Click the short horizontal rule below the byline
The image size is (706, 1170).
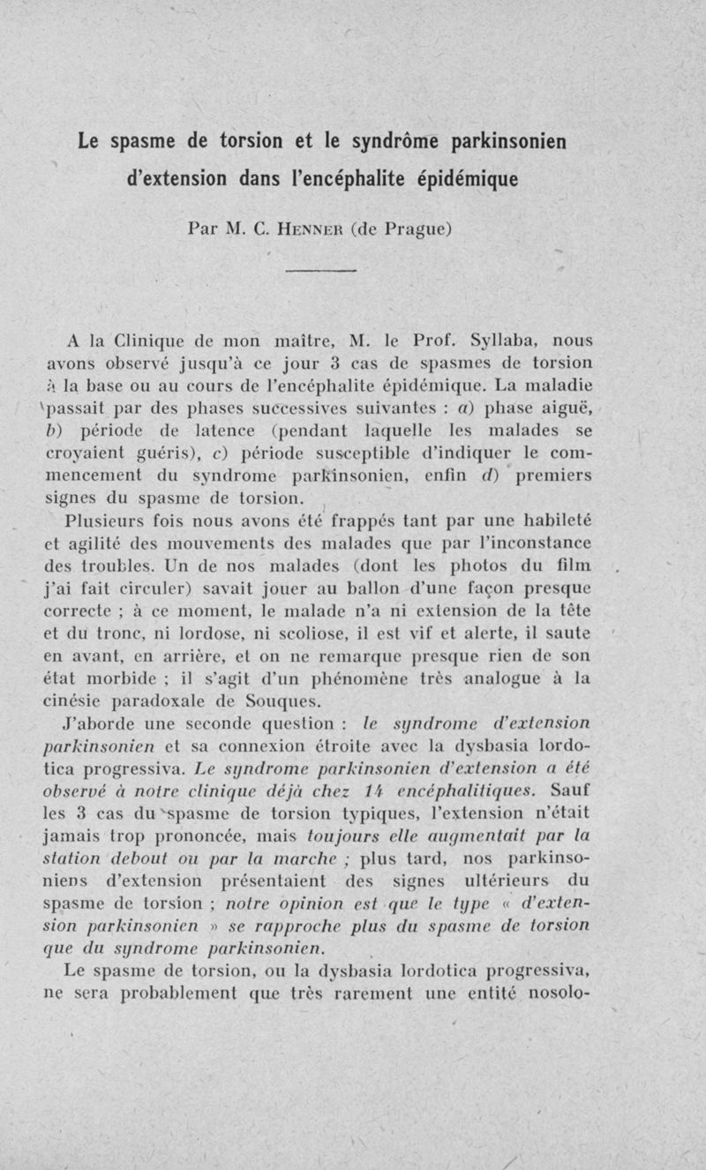point(320,271)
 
